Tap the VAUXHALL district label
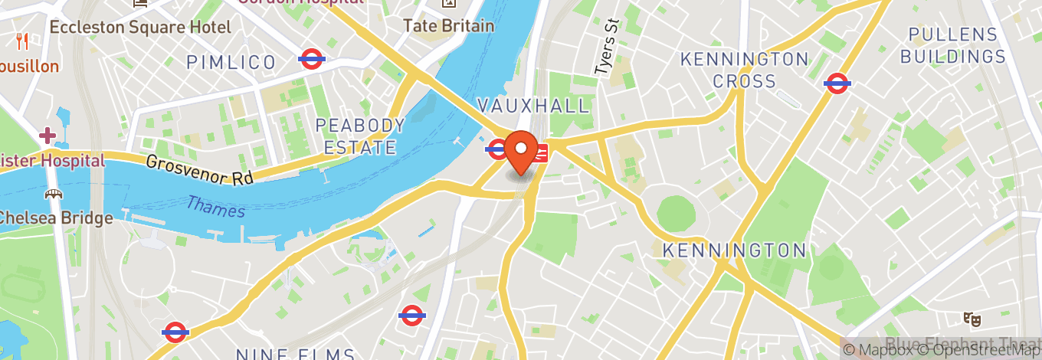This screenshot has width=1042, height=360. coord(534,105)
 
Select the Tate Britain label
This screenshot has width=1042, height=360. coord(449,25)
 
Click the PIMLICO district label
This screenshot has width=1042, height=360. coord(231,62)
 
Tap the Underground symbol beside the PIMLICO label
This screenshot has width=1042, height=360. coord(312,59)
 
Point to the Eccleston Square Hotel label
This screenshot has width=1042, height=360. coord(140,27)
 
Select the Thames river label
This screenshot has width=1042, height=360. coord(215,206)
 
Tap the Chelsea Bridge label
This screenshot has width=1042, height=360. coord(55,218)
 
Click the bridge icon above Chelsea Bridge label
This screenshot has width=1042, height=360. coord(54,195)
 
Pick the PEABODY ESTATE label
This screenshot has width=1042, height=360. coord(360,136)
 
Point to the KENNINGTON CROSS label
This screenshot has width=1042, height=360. coord(744,70)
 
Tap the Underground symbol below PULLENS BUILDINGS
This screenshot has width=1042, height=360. coord(837,83)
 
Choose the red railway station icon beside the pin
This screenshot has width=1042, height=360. coord(541,153)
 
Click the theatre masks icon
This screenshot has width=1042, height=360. coord(973,319)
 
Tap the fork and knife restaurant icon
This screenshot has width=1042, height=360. coord(21,41)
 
